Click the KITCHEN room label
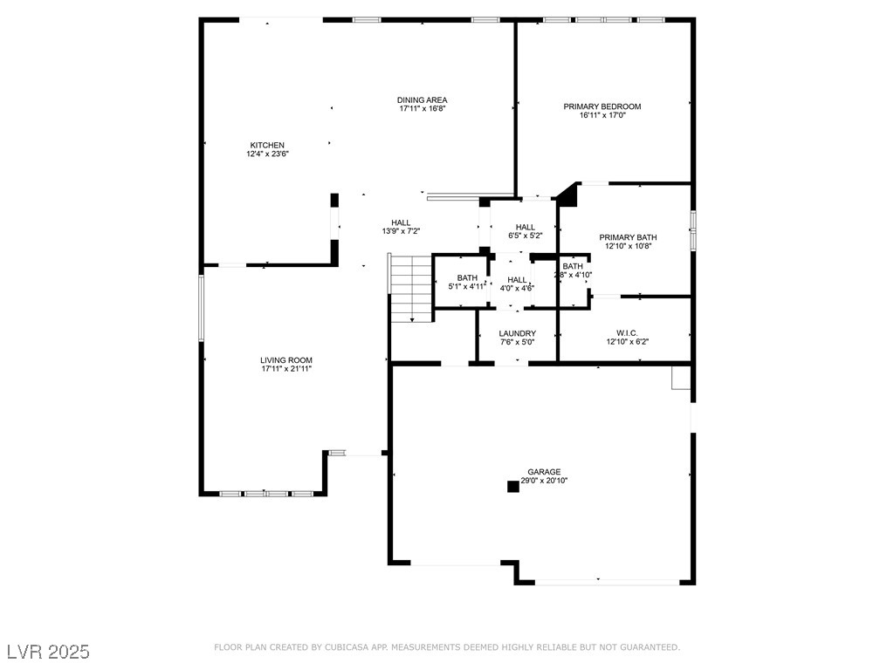coord(267,145)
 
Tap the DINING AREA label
coord(423,100)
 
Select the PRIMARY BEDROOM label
coord(602,106)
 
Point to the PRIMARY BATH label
coord(628,237)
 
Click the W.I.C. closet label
coord(627,333)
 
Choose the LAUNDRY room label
coord(517,334)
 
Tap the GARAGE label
coord(544,472)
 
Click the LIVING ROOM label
coord(285,360)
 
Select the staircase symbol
coord(410,289)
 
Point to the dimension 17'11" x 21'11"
coord(285,369)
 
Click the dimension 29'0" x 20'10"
coord(544,481)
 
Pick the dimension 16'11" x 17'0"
coord(602,115)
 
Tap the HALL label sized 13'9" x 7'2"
coord(401,222)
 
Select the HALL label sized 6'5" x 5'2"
coord(525,227)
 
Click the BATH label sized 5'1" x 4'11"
coord(467,277)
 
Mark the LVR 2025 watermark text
coord(48,652)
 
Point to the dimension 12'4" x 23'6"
coord(267,154)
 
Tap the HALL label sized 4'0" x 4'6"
coord(517,279)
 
